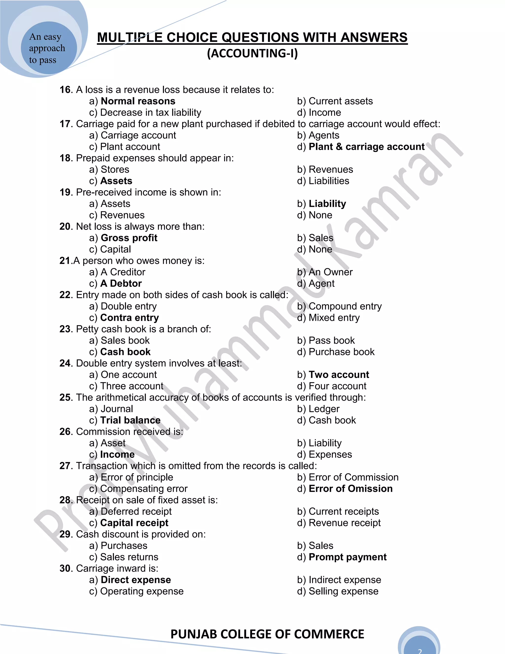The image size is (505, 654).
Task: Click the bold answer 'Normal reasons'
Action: pos(138,101)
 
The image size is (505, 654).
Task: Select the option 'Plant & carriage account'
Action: pos(366,147)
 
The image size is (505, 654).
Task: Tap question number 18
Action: pos(66,158)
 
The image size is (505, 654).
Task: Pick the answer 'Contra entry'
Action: pos(129,318)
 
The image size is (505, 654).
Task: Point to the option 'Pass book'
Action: pos(331,341)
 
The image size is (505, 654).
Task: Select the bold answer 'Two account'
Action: pos(339,375)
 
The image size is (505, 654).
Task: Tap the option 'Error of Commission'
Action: pos(353,477)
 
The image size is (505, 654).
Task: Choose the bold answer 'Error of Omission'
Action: pos(350,488)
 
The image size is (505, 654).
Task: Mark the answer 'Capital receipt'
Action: pos(134,523)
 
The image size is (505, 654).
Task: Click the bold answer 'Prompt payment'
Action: pos(347,557)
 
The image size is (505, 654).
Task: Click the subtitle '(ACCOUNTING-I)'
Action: pos(252,54)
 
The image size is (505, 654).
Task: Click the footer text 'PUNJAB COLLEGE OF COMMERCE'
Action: pos(267,634)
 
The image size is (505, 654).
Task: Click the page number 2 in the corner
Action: pos(419,650)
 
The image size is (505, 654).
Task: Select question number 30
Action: pos(66,568)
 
